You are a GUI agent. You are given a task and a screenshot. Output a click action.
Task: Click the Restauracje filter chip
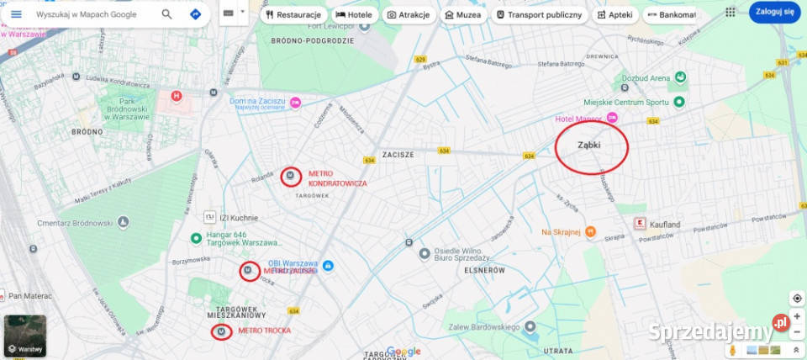coord(293,14)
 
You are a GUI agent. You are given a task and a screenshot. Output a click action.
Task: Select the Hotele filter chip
coord(354,14)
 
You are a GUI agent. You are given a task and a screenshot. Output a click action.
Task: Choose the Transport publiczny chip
coord(539,14)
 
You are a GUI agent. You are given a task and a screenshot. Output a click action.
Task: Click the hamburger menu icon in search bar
coord(16,14)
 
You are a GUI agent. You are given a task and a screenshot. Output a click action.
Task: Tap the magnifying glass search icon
coord(167,14)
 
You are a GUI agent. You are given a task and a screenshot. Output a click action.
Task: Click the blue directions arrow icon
coord(195,14)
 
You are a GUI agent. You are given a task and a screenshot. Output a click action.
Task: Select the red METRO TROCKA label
coord(264,331)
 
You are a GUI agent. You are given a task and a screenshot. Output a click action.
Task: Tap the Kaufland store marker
coord(638,225)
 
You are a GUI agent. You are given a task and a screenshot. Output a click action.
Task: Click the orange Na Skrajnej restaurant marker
coord(590,231)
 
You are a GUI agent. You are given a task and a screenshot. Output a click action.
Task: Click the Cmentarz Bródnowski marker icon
coord(124,222)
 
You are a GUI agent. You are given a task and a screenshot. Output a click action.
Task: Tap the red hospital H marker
coord(177,96)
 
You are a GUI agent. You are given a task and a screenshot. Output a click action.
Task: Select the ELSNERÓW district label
coord(483,271)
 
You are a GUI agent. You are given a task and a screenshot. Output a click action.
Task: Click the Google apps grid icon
coord(730,13)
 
